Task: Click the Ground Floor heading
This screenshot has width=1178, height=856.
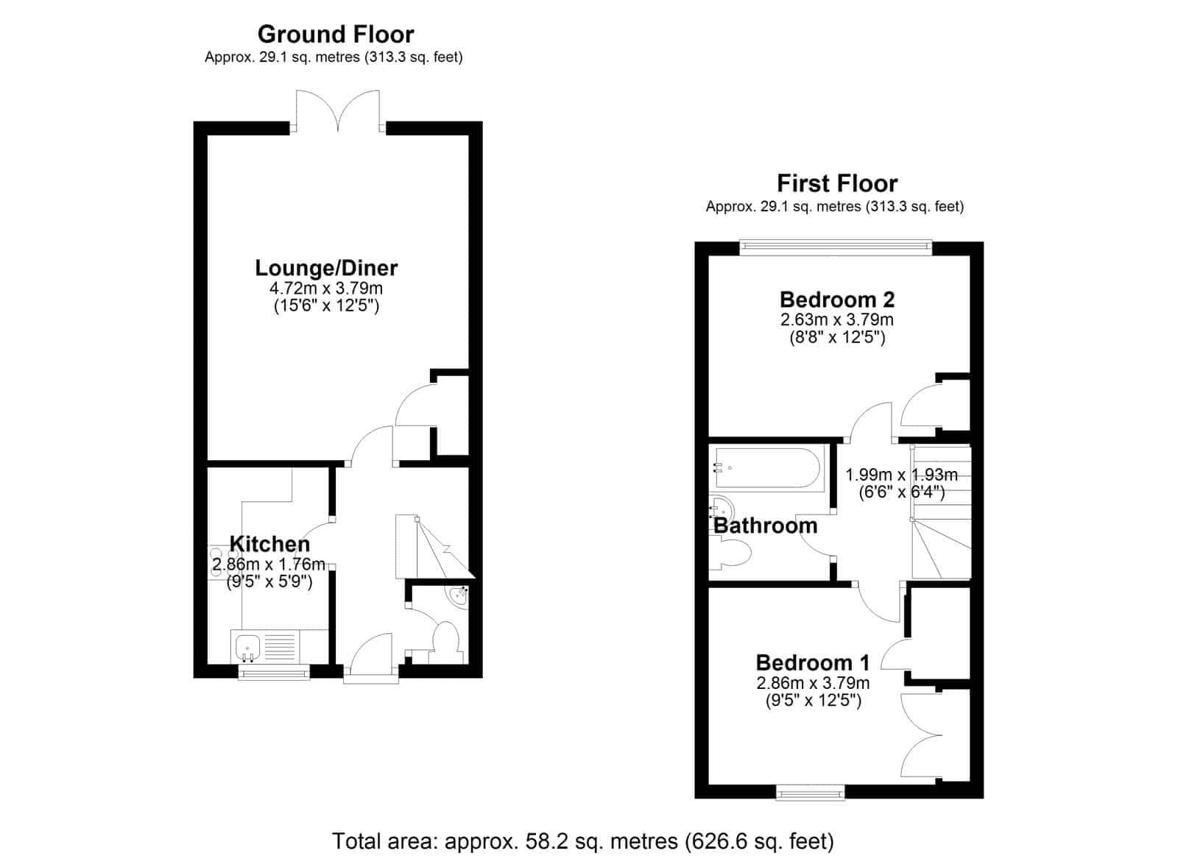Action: coord(336,35)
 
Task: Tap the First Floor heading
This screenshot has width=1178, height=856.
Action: coord(836,183)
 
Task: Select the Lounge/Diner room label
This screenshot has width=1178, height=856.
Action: coord(326,268)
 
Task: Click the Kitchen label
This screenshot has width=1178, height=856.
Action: coord(269,544)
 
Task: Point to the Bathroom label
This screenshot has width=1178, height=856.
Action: coord(765,526)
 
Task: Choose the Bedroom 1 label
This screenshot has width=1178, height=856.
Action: coord(813,662)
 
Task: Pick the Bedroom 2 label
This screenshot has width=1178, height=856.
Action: coord(836,299)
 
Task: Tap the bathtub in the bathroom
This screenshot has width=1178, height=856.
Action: coord(766,468)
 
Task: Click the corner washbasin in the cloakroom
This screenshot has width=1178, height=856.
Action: coord(458,597)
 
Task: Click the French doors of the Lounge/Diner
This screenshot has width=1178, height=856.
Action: coord(338,110)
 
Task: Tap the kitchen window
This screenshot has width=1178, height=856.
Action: coord(273,671)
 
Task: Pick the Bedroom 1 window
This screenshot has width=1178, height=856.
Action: coord(811,792)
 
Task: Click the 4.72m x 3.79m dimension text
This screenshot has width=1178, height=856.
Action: coord(326,288)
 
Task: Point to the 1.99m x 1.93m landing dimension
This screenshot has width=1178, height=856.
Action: coord(901,475)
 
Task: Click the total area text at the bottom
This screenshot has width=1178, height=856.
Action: coord(583,841)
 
